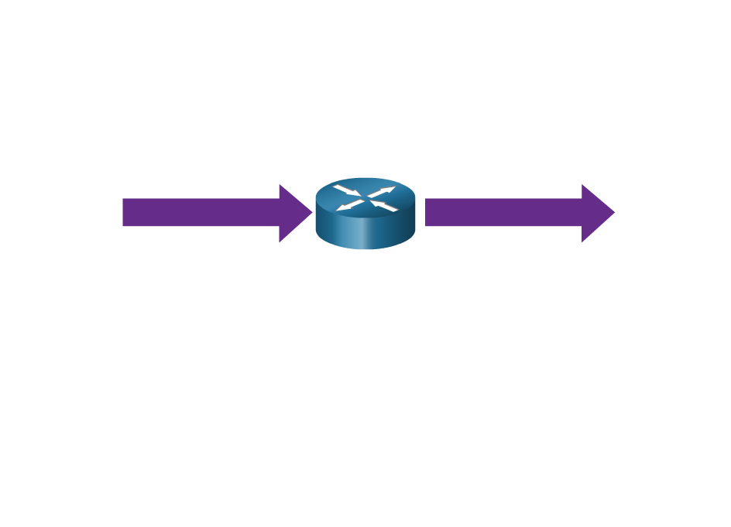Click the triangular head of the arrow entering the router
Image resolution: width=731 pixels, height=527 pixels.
point(293,213)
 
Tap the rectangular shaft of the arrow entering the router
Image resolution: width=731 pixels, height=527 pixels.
point(201,213)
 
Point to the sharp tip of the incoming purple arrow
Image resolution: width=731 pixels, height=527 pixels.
point(312,213)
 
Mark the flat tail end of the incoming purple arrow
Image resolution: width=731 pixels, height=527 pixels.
point(123,213)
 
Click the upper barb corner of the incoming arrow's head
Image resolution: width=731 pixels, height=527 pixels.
point(280,185)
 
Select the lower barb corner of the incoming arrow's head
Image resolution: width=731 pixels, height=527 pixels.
point(280,242)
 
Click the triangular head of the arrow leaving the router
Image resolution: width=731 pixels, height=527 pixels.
point(595,213)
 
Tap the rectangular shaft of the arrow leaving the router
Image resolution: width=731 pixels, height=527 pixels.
point(503,213)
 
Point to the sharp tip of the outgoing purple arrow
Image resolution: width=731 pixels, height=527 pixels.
point(615,213)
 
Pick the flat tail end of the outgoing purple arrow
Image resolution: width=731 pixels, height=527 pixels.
point(426,213)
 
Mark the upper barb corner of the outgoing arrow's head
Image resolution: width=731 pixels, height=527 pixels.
point(582,185)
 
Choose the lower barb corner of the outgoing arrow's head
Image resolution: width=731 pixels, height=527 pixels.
point(582,242)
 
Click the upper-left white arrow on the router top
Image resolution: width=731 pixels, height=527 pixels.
point(346,190)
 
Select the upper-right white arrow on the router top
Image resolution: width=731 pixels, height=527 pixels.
point(384,190)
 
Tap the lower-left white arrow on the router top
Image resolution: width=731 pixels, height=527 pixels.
point(348,206)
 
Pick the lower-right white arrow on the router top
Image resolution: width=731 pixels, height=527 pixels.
point(385,206)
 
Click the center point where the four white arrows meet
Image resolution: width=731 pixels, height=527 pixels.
point(365,198)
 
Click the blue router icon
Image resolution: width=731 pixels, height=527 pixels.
point(365,214)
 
